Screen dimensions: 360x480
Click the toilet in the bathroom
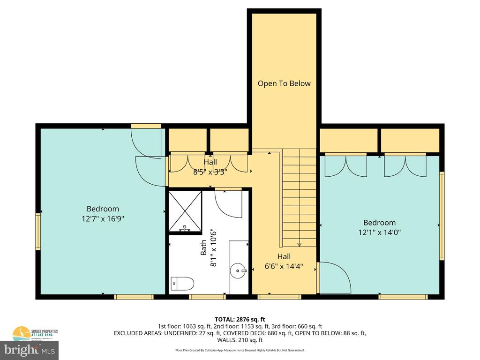[x=183, y=283]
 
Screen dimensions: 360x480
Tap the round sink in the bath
[x=238, y=270]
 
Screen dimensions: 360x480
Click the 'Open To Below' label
[x=284, y=83]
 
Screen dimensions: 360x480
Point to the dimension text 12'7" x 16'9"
[x=103, y=218]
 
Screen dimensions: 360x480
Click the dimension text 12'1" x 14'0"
[x=379, y=232]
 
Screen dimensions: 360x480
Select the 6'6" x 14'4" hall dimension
[x=284, y=266]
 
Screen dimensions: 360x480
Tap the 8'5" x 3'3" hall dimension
[x=210, y=172]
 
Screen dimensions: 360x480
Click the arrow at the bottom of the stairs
[x=300, y=244]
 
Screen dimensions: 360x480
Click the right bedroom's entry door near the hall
[x=334, y=278]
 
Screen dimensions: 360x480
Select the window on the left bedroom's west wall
[x=38, y=232]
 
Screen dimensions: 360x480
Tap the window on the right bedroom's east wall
[x=441, y=216]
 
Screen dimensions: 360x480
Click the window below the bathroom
[x=207, y=297]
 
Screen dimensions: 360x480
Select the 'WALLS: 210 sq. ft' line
[x=240, y=340]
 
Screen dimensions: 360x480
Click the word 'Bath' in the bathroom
[x=203, y=247]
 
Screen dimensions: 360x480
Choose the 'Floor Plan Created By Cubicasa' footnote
[x=240, y=350]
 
